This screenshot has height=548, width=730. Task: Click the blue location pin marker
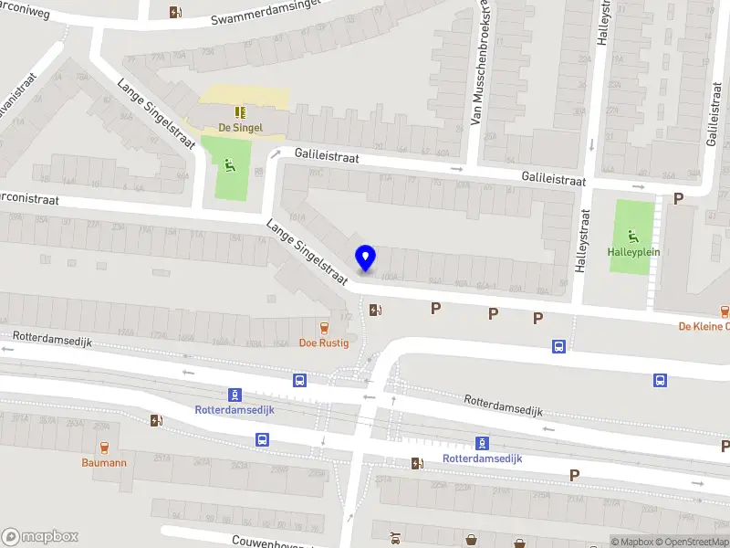coord(365,258)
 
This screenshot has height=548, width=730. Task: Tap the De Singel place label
coord(241,128)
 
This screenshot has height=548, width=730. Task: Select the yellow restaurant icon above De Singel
coord(241,112)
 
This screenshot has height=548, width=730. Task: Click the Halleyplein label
coord(633,251)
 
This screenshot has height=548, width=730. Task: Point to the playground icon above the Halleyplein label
coord(633,234)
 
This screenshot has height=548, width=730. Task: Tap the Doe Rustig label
coord(323,343)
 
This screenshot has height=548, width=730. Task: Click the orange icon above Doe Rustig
coord(323,328)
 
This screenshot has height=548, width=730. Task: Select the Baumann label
coord(103,463)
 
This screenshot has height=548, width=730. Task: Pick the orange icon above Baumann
coord(103,448)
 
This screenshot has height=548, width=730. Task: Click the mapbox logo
coord(40,537)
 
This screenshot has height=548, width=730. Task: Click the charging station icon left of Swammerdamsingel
coord(175,12)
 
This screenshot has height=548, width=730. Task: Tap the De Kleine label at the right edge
coord(704,326)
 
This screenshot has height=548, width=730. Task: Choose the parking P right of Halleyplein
coord(678,198)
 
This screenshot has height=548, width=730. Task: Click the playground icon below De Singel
coord(229,165)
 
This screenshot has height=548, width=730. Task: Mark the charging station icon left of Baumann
coord(155,421)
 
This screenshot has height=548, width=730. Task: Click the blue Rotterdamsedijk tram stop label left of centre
coord(235,409)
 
